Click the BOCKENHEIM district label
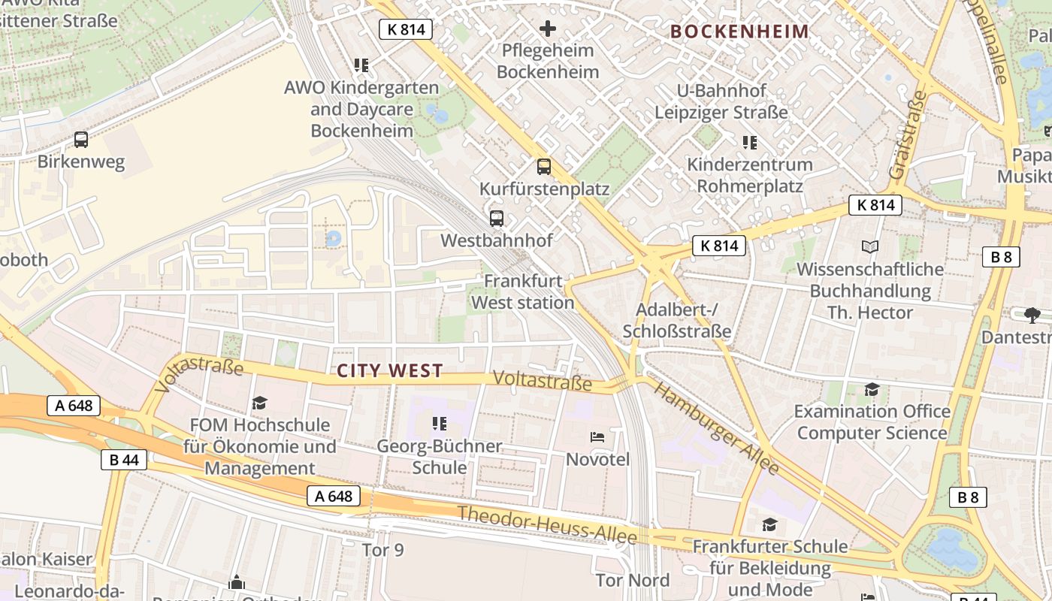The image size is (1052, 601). pos(739,32)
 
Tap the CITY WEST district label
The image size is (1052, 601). pos(390,370)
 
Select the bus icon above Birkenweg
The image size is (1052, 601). pos(81,140)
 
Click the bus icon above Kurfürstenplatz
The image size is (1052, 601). pos(544,167)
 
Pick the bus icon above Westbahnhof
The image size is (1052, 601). pos(497,219)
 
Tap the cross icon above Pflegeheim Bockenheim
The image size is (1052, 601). pos(548,29)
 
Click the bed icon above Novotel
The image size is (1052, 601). pos(597,436)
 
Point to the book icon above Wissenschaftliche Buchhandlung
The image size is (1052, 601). pos(870,246)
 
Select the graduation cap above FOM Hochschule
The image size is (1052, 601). pos(260,403)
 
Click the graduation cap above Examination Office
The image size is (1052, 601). pos(872,389)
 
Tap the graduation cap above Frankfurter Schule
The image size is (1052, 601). pos(770,524)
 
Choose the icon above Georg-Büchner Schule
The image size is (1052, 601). pos(440,424)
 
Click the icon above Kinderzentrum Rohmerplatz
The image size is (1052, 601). pos(749,142)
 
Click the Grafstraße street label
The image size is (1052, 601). pos(908,135)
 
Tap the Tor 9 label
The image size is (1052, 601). pos(382,550)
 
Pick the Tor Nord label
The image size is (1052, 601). pos(632,580)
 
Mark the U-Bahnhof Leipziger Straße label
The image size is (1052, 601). pos(721,101)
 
